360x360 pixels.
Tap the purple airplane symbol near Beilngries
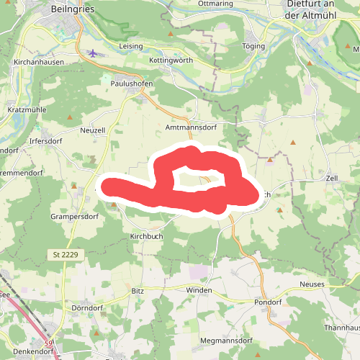point(92,53)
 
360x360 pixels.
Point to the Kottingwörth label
point(171,60)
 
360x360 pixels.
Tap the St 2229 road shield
point(66,255)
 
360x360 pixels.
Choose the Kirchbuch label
point(148,236)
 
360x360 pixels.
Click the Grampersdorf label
point(74,216)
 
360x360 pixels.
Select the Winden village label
point(199,290)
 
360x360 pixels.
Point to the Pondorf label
point(268,302)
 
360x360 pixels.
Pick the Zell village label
point(332,177)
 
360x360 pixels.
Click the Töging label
point(254,46)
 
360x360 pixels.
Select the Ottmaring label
point(215,4)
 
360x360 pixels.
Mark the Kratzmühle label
point(26,110)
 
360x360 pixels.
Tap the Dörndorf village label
point(89,307)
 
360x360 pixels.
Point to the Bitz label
point(138,290)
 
